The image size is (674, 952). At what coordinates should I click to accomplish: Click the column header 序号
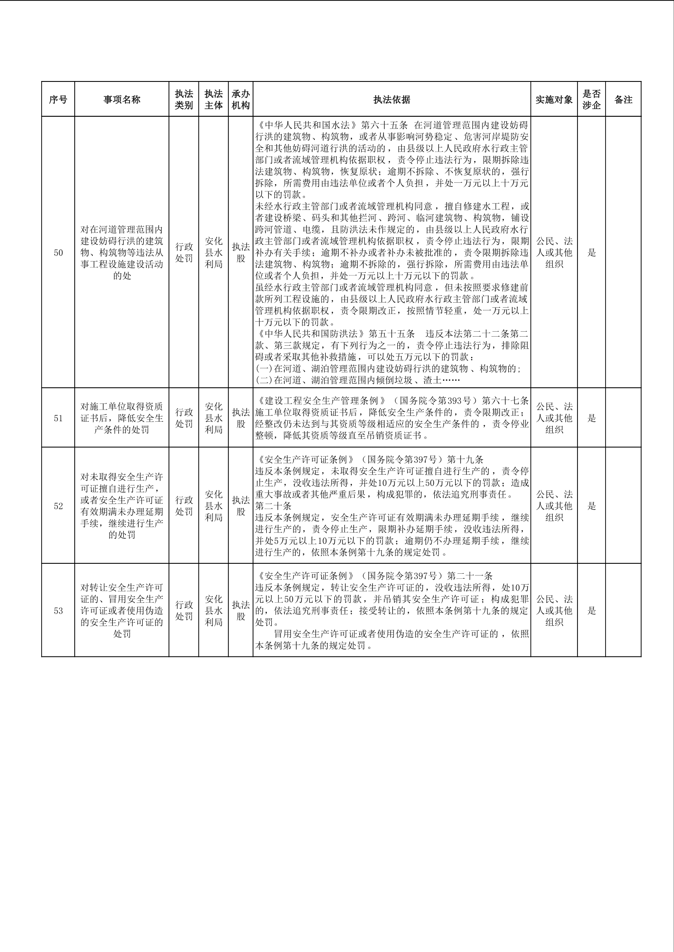58,100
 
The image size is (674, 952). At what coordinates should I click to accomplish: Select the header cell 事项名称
122,100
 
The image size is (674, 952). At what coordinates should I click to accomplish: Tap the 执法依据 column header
392,100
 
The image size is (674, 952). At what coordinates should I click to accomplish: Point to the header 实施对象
554,100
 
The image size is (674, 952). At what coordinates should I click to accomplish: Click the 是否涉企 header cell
592,100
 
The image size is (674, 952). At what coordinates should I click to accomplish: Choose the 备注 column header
623,100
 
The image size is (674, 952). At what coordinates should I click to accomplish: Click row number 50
58,252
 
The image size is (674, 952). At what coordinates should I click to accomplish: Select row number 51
58,418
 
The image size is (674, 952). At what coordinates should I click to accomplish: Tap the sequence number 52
58,506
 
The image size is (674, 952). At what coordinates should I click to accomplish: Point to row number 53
58,610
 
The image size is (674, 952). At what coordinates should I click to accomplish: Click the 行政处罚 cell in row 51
184,418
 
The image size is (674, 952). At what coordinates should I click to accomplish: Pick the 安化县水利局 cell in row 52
213,506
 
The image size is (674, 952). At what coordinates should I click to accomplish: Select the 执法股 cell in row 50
241,252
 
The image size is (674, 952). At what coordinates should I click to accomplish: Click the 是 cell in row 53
592,610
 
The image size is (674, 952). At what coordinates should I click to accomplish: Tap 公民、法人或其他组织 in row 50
554,252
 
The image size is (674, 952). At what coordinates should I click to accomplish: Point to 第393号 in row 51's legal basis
452,401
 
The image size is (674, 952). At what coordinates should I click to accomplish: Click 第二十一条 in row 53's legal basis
470,576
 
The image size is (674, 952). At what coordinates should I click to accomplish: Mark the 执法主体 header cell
213,100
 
